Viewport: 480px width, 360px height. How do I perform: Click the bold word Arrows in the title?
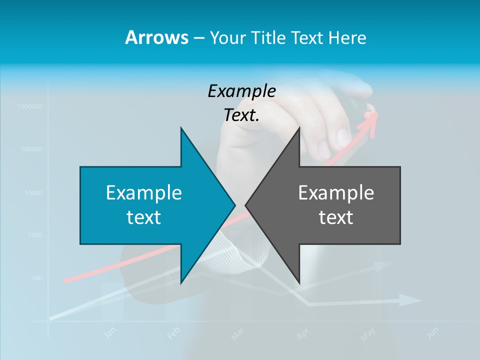[156, 37]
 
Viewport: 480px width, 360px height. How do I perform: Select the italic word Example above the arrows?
[241, 91]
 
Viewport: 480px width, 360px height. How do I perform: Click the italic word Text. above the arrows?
[241, 115]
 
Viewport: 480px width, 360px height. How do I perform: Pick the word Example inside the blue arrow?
[144, 192]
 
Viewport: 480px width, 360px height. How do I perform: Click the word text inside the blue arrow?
[144, 217]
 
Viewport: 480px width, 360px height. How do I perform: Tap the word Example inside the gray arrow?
[336, 192]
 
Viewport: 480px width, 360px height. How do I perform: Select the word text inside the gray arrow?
[336, 217]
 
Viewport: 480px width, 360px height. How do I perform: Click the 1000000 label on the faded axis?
[29, 106]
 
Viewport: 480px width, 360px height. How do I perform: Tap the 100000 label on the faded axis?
[31, 149]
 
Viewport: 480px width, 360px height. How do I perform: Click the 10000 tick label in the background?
[33, 192]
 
